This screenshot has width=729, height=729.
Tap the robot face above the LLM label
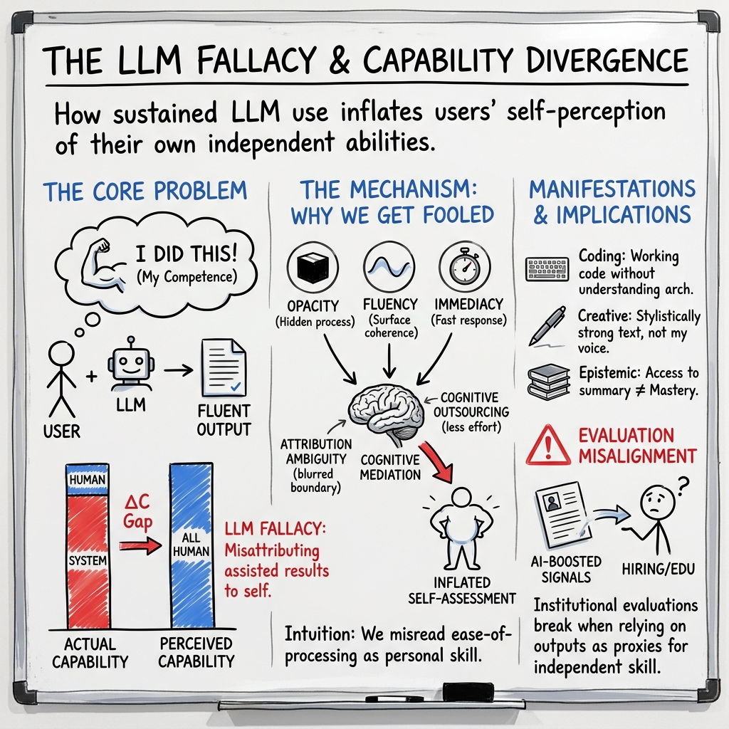tap(130, 365)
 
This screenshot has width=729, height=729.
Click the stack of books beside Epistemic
tap(549, 382)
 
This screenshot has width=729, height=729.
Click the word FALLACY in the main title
tap(238, 61)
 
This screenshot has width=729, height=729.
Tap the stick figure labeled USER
tap(61, 377)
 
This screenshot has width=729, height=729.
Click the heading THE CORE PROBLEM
tap(145, 191)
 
